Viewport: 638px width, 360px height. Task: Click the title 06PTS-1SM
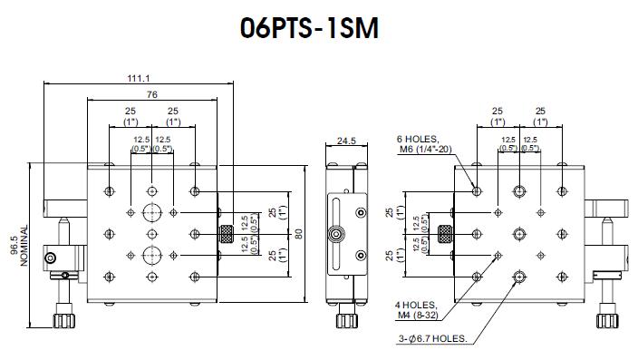(x=309, y=28)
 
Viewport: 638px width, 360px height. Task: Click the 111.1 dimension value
(x=139, y=78)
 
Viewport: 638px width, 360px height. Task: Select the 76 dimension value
(x=151, y=94)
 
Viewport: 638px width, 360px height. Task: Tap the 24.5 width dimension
(x=346, y=141)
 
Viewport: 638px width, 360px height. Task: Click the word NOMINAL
(x=24, y=246)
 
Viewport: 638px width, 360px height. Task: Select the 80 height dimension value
(x=299, y=234)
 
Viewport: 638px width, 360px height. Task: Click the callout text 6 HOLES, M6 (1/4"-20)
(x=424, y=144)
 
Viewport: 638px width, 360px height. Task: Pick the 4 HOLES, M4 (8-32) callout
(x=416, y=310)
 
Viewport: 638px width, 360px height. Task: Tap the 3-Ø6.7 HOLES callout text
(x=433, y=338)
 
